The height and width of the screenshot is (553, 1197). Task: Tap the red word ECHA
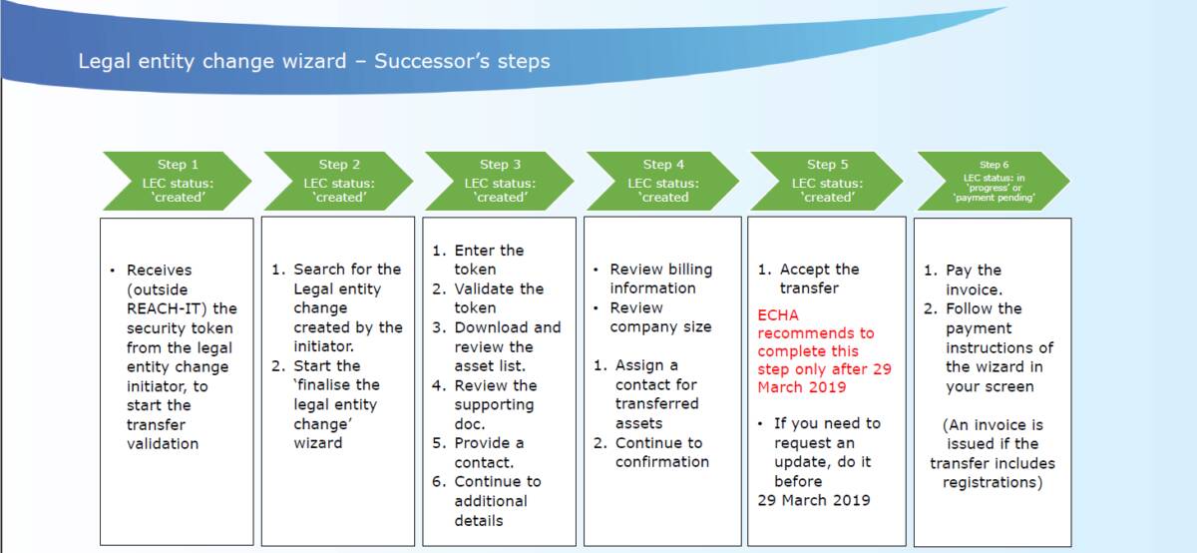coord(778,314)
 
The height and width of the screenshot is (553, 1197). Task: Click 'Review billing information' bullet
coord(660,278)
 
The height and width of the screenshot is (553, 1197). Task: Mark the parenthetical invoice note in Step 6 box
coord(992,453)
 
